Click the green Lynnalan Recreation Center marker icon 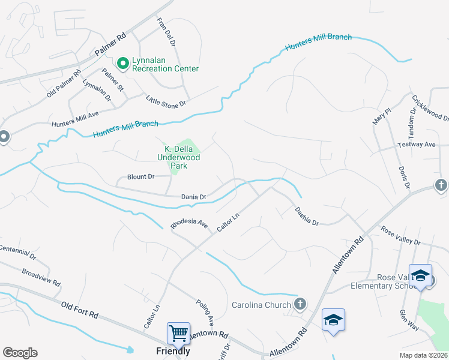[x=123, y=62]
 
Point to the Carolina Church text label [x=262, y=305]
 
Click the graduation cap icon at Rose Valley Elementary [x=420, y=276]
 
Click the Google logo [x=20, y=353]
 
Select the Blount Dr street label [x=141, y=177]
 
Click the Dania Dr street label [x=194, y=197]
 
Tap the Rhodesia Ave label [x=189, y=224]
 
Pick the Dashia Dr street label [x=307, y=216]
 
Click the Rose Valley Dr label [x=401, y=236]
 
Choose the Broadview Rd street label [x=41, y=277]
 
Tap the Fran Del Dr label [x=166, y=32]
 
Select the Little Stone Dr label [x=167, y=101]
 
